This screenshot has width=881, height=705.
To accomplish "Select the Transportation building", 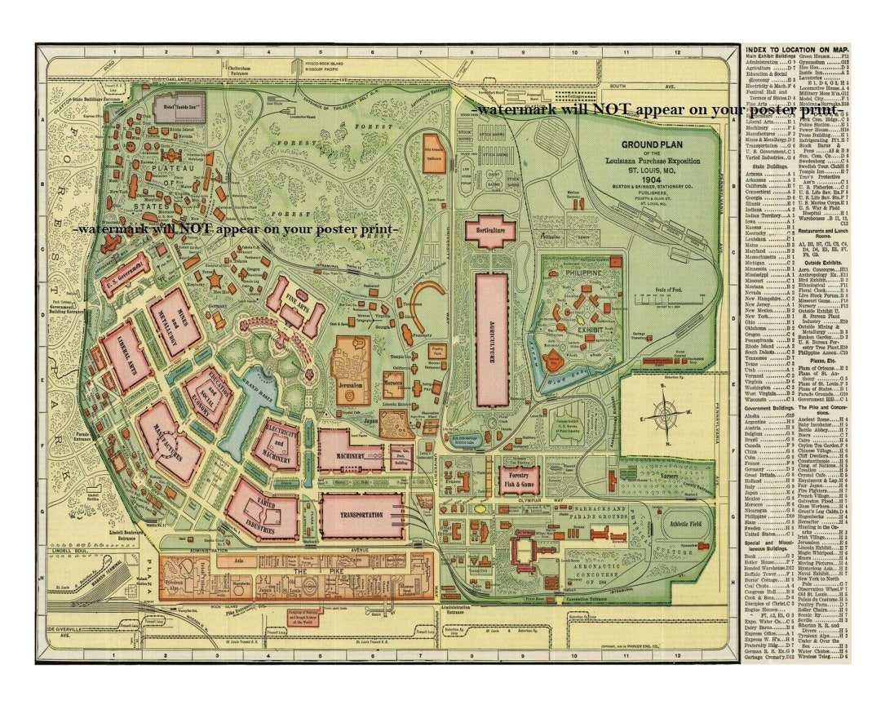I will [x=362, y=514].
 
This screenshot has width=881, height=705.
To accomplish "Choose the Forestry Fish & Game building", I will [x=519, y=481].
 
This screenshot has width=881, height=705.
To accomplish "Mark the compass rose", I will [x=667, y=418].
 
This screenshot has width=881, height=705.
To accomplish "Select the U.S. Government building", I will [x=126, y=276].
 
